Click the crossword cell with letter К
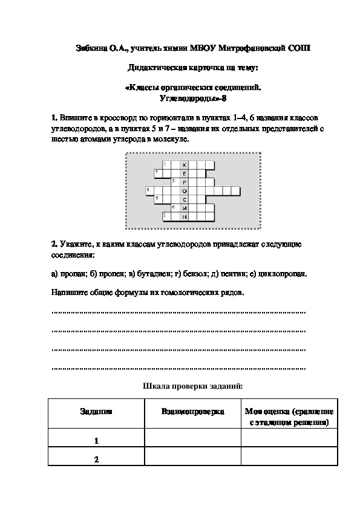point(185,164)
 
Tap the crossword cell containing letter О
point(185,190)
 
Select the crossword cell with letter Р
point(185,181)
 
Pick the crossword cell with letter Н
point(185,216)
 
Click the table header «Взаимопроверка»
point(192,411)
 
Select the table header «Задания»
point(96,411)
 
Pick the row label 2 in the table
point(96,459)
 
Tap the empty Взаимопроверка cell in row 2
point(192,459)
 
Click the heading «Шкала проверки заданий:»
point(192,385)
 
